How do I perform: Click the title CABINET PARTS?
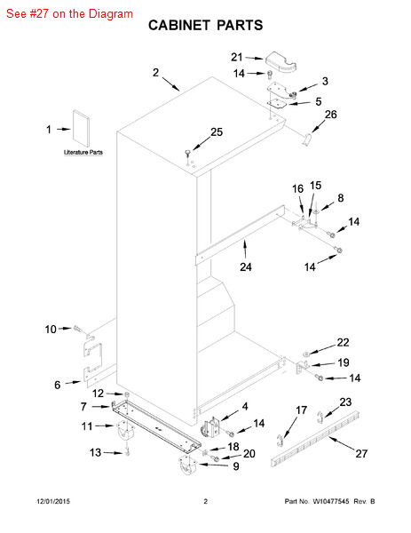(x=204, y=26)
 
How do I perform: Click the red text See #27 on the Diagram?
(x=68, y=13)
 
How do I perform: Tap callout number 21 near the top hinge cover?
(x=237, y=57)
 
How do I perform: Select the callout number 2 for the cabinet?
(x=155, y=73)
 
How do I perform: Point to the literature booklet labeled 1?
(x=82, y=130)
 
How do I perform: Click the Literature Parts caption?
(x=83, y=153)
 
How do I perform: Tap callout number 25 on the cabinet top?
(x=217, y=132)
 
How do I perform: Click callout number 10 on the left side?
(x=51, y=329)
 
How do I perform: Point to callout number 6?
(x=58, y=385)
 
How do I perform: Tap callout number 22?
(x=343, y=343)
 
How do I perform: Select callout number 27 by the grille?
(x=361, y=453)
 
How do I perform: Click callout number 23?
(x=345, y=402)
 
